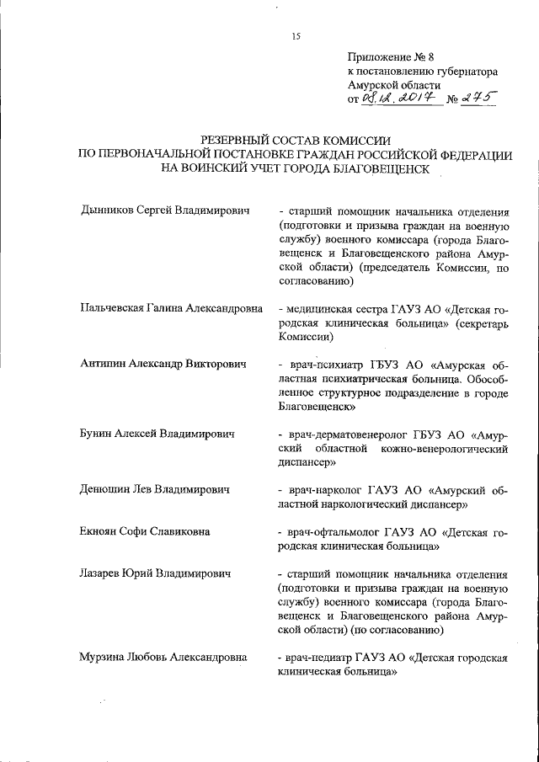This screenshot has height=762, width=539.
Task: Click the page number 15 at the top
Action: tap(296, 35)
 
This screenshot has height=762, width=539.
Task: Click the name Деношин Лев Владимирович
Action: tap(154, 489)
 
